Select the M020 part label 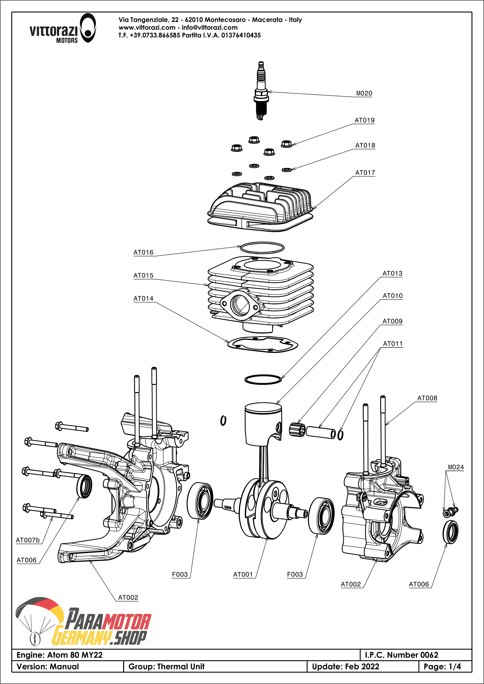(x=364, y=93)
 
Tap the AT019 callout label (x=364, y=120)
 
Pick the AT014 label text (x=143, y=299)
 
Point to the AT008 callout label (x=427, y=398)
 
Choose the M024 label (x=456, y=467)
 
